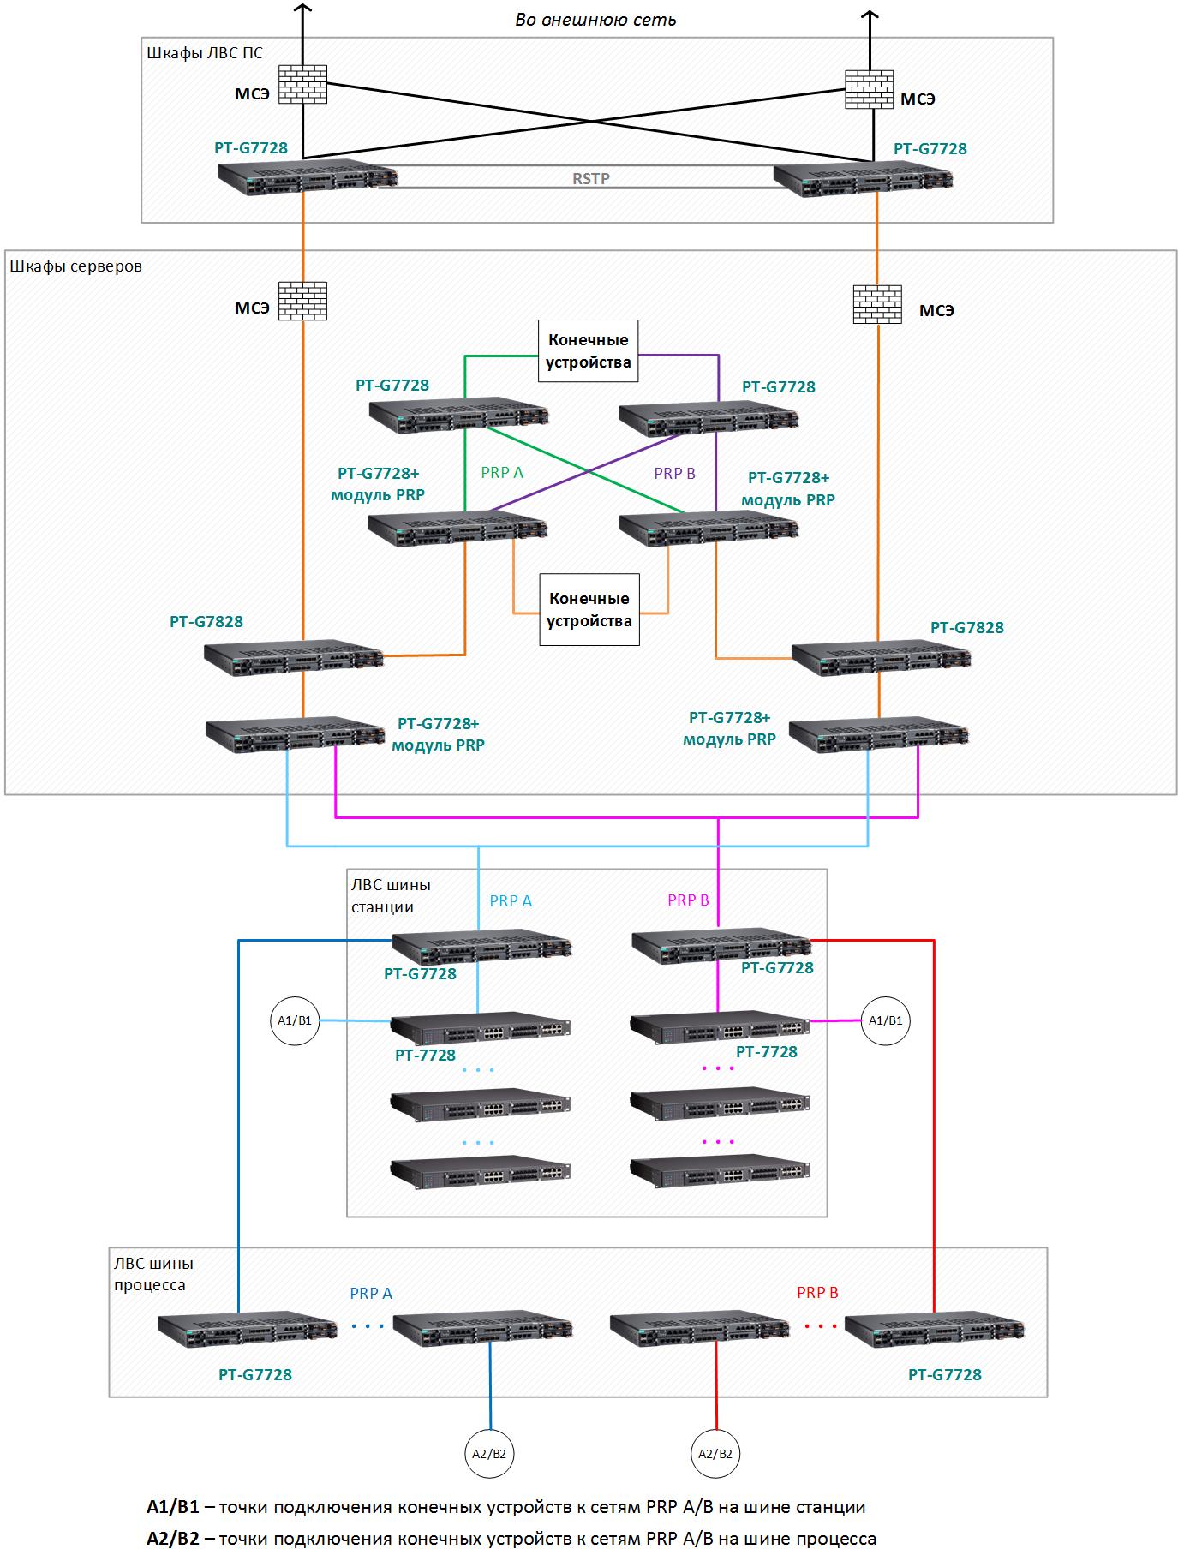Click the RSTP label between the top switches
pos(591,179)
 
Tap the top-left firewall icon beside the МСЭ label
pos(303,84)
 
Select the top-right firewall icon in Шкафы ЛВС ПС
pos(869,89)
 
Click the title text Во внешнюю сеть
pos(595,20)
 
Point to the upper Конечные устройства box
pos(589,351)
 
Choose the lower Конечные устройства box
pos(589,610)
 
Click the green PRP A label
pos(502,472)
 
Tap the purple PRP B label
pos(674,473)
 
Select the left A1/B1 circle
pos(295,1020)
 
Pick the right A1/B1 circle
pos(886,1020)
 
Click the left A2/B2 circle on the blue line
pos(489,1453)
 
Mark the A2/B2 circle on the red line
pos(715,1453)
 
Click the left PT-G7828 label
pos(206,622)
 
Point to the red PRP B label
pos(817,1292)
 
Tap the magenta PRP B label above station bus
pos(688,900)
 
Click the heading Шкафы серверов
pos(75,266)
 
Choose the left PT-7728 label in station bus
pos(425,1056)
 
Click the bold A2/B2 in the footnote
pos(173,1539)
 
